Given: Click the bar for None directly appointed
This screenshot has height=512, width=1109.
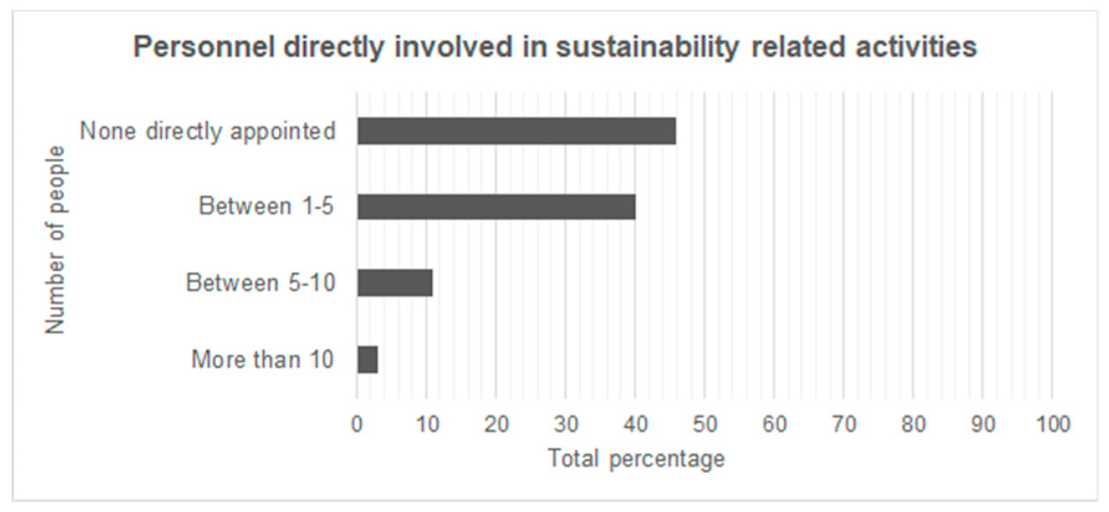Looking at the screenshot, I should [516, 131].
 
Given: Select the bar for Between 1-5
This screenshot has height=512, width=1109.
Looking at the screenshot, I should [496, 207].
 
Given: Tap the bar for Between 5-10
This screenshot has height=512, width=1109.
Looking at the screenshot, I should [395, 283].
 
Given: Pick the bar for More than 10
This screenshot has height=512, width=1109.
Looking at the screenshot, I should [367, 360].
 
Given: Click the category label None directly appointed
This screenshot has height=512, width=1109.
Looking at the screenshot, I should [208, 131].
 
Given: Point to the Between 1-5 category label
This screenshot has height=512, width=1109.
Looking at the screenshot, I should [266, 206].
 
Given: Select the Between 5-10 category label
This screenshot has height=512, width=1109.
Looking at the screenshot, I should [260, 283].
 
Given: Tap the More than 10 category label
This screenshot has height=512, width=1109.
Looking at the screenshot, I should [262, 360].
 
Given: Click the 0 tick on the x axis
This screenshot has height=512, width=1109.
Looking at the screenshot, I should [357, 424].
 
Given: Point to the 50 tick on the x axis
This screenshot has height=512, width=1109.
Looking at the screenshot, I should [704, 424].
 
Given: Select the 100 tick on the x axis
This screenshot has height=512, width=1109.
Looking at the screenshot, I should [1052, 424].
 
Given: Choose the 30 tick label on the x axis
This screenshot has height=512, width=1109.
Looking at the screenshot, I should [566, 424].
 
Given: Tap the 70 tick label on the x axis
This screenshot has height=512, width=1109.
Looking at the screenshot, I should [844, 424].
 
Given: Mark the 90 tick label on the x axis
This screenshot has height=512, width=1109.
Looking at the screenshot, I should [983, 424].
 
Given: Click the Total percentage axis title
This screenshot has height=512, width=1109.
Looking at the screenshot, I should [636, 459].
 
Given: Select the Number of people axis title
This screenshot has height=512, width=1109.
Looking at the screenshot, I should [55, 240].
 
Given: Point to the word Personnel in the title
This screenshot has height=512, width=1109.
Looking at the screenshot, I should [204, 47].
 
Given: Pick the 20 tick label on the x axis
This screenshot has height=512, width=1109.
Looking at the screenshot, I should [496, 424].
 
